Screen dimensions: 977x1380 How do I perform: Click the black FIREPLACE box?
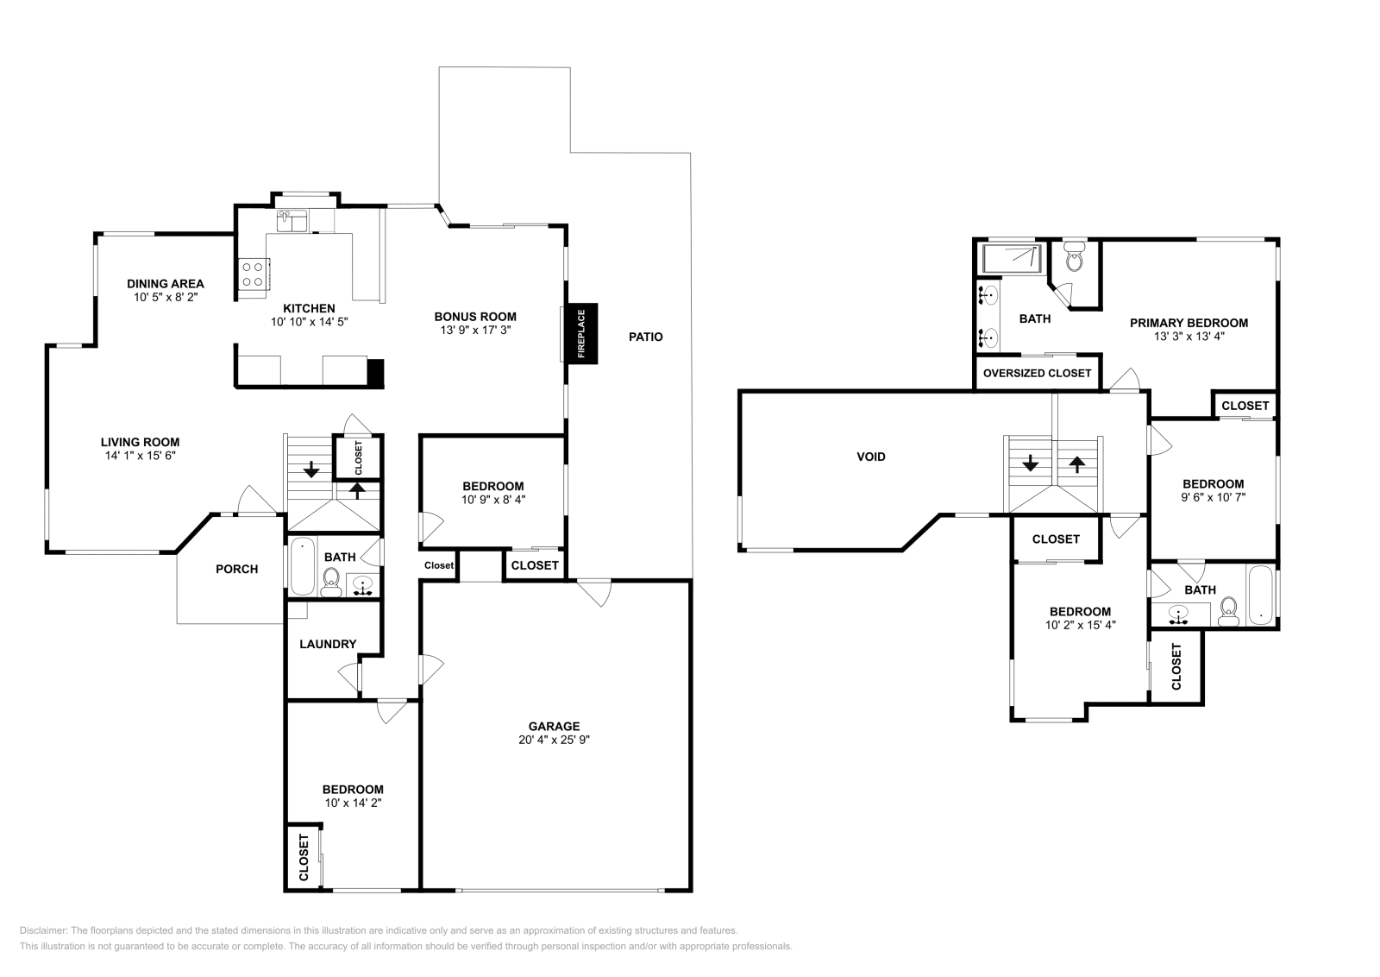(580, 334)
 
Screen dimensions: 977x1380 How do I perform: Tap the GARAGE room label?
(554, 726)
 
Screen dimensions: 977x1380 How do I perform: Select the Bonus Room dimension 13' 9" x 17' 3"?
(474, 330)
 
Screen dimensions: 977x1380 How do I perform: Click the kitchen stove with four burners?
(253, 274)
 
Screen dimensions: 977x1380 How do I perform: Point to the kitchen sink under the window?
(293, 221)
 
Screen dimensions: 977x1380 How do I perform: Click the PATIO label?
(645, 337)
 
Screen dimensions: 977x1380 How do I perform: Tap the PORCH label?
(236, 569)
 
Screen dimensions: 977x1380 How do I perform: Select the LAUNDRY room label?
(328, 644)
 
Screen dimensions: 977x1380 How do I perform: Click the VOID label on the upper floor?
(870, 457)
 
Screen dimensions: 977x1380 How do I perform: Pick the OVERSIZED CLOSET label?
(1037, 373)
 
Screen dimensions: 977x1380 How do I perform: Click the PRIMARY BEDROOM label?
(1189, 323)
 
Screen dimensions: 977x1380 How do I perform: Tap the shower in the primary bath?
(1013, 257)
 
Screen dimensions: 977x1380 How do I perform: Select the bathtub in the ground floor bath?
(302, 567)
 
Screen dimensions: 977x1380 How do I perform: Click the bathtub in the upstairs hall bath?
(1260, 596)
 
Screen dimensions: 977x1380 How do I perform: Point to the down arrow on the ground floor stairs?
(310, 471)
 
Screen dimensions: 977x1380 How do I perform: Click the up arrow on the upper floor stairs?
(1076, 463)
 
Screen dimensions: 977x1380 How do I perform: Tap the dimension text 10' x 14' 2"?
(353, 803)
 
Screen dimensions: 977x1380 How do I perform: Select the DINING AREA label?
(166, 283)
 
